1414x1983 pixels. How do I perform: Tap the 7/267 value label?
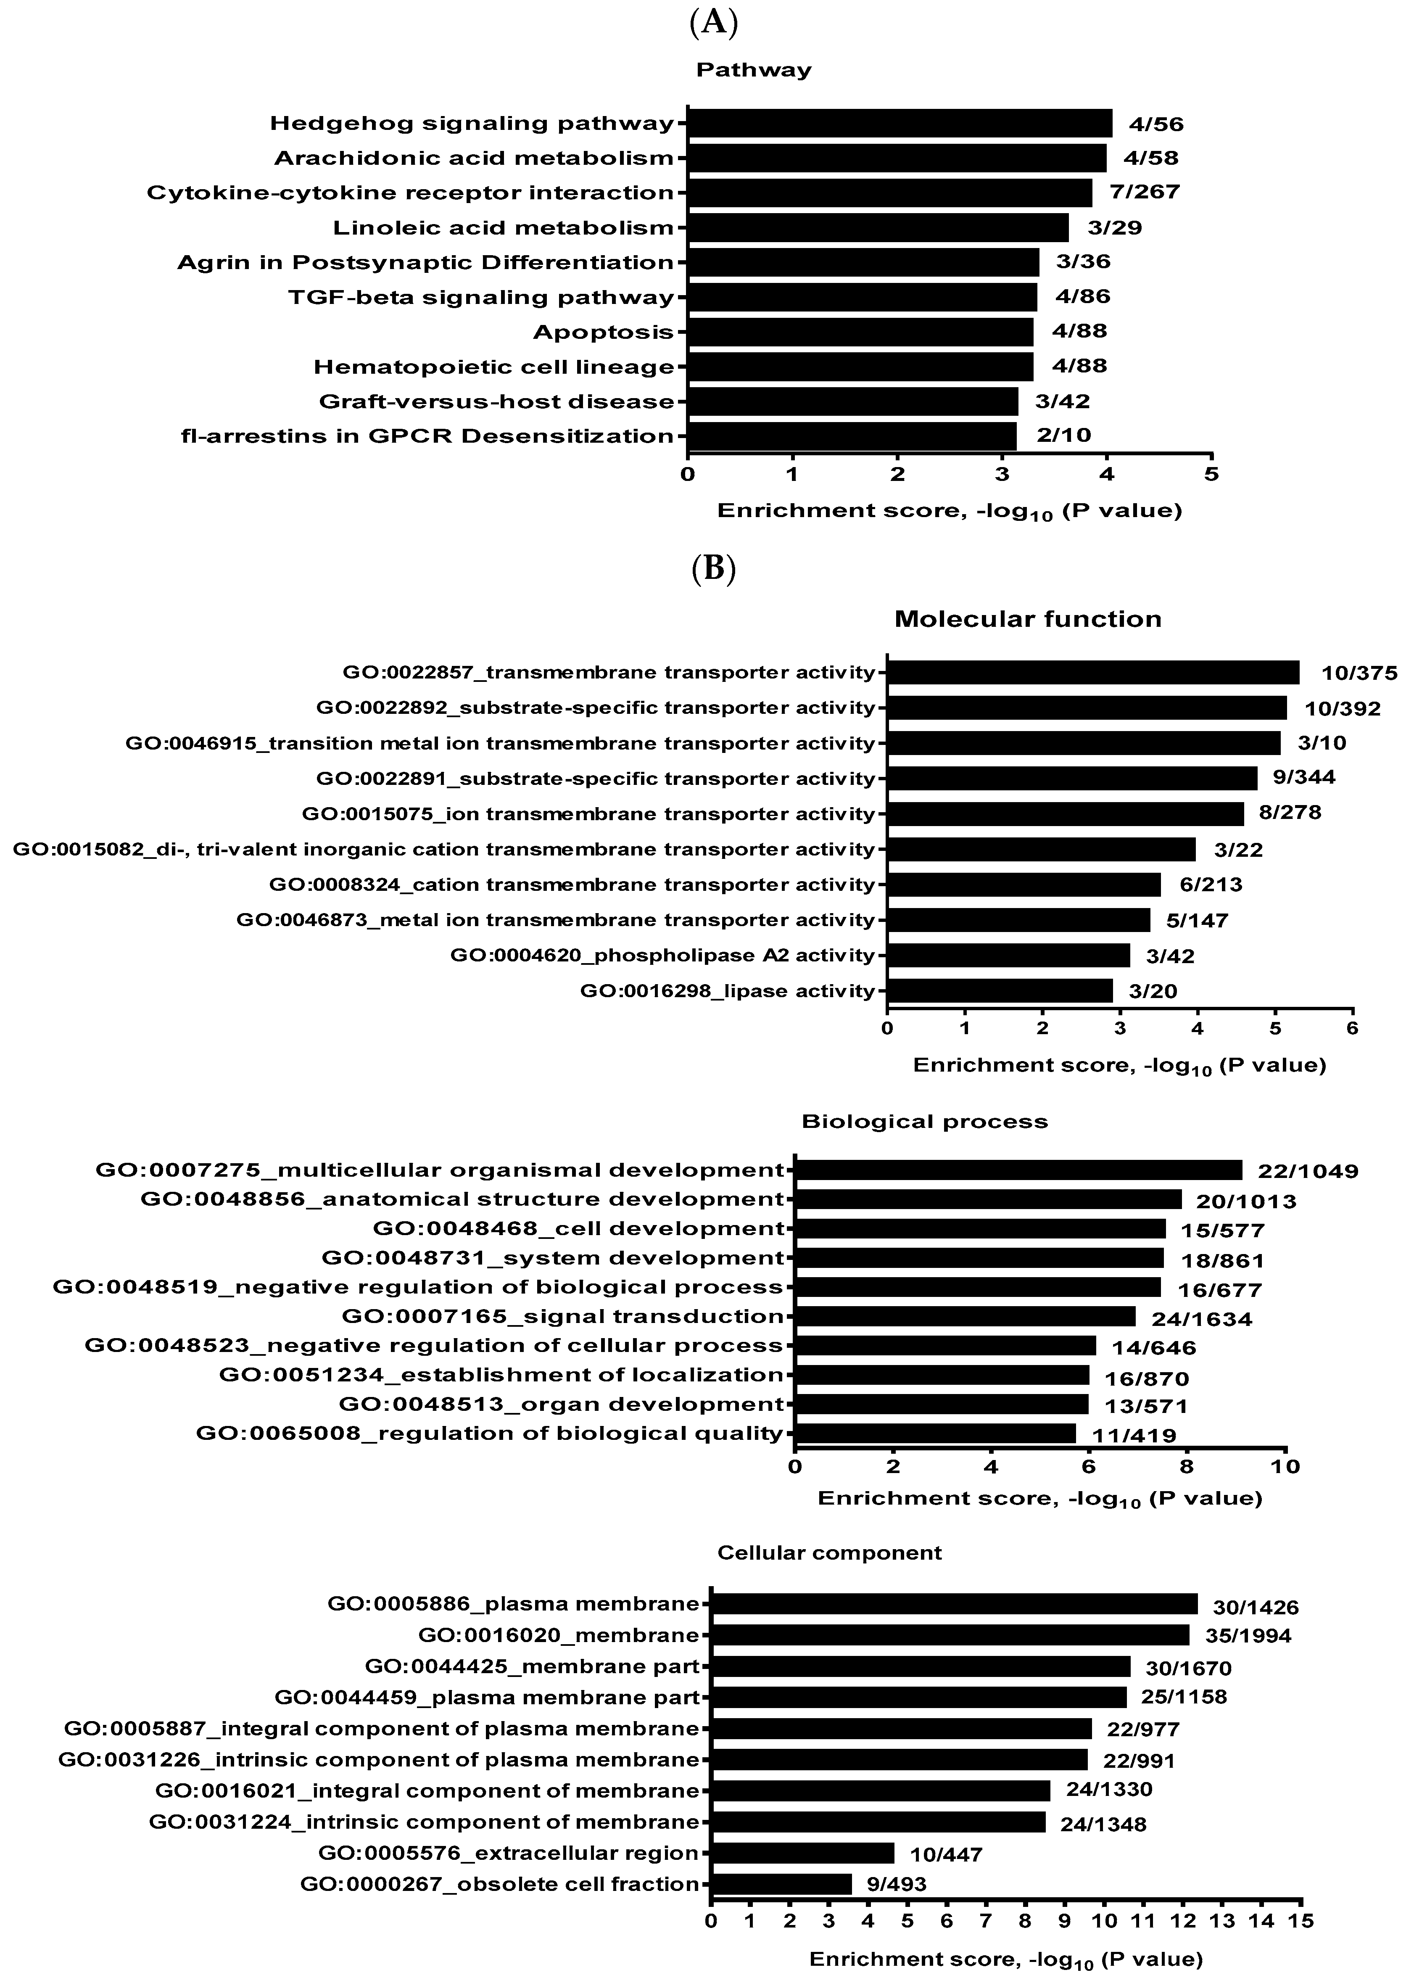[1145, 192]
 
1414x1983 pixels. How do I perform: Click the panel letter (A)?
[713, 24]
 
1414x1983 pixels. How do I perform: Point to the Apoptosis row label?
[604, 332]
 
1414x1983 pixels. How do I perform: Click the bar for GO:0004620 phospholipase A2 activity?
[1008, 956]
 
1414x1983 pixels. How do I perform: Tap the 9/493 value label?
[897, 1885]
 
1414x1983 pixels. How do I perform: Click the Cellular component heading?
[829, 1553]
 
